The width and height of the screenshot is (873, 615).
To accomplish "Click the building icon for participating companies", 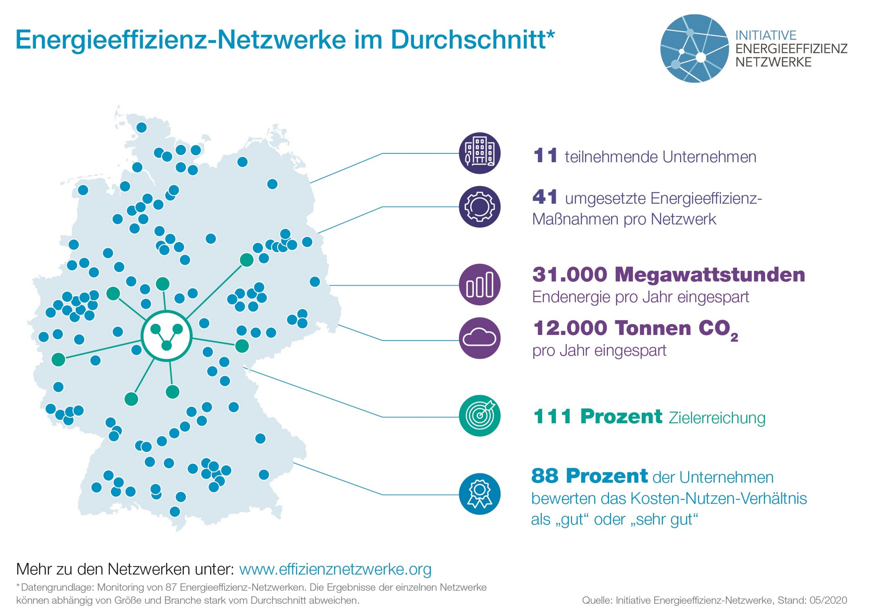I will (479, 153).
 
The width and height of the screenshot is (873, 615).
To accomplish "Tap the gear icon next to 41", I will (479, 207).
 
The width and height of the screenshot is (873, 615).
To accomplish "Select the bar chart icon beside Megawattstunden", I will (479, 285).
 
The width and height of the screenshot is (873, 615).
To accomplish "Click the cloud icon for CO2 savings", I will (479, 338).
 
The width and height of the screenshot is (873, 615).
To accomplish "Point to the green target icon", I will (479, 416).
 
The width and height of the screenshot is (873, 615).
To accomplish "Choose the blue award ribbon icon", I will (479, 494).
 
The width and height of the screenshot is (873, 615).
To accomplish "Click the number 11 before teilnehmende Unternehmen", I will (545, 156).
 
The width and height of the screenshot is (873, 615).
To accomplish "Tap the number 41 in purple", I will (545, 197).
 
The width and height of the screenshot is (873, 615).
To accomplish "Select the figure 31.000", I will (569, 275).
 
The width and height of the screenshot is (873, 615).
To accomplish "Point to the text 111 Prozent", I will (598, 417).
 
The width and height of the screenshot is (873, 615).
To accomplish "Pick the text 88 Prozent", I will (589, 476).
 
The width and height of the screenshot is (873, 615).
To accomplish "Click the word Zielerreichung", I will (717, 418).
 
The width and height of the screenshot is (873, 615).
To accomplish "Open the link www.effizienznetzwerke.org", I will (335, 569).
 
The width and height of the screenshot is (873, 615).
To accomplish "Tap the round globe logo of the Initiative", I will (694, 48).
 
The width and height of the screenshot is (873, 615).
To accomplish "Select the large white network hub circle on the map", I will (166, 336).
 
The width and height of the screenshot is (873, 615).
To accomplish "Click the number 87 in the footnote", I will (171, 587).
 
